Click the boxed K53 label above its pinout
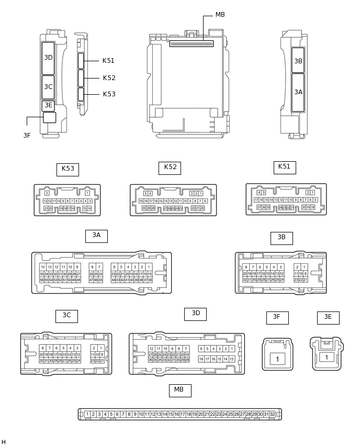coord(67,169)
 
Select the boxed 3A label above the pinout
coord(96,236)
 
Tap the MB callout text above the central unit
coord(220,15)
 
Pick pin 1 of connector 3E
coord(327,357)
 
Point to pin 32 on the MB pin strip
coord(272,414)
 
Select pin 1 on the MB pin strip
coord(87,414)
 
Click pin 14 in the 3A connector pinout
coord(42,267)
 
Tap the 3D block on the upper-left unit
coord(48,58)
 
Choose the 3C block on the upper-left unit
coord(48,87)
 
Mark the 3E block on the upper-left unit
coord(48,106)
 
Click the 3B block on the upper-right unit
coord(298,61)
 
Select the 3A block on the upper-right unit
coord(298,92)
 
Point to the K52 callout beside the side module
coord(109,78)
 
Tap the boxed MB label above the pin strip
coord(179,391)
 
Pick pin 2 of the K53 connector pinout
coord(47,193)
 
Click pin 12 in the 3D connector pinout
coord(151,349)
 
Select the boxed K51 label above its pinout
coord(284,168)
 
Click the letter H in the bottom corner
coord(4,442)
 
